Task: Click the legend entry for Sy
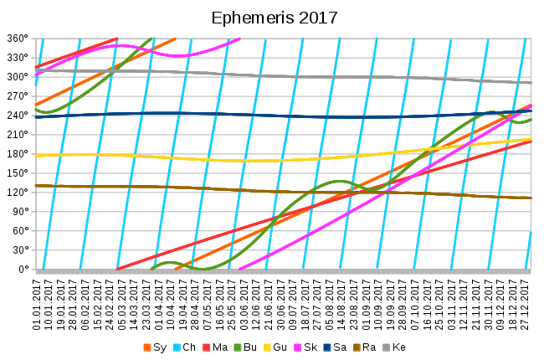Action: [x=158, y=347]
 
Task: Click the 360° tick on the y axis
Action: [x=17, y=39]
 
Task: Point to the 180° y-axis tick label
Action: [x=17, y=154]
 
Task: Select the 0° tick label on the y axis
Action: [x=22, y=270]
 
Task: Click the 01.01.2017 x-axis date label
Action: [x=37, y=305]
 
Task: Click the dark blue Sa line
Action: [x=251, y=115]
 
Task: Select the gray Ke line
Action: [x=335, y=77]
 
